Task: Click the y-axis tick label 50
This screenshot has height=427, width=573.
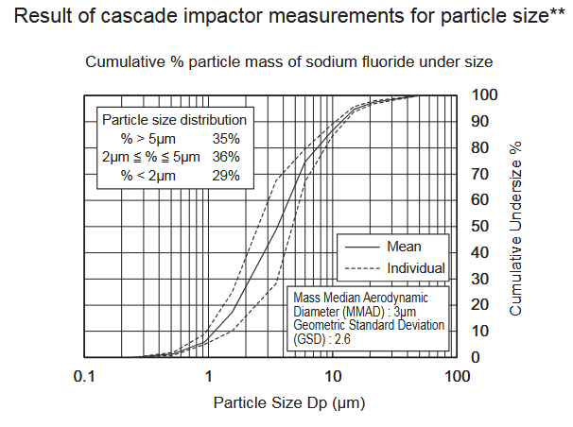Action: tap(480, 226)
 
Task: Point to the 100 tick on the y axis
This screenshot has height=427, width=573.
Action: tap(484, 94)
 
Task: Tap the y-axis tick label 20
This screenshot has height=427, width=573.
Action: tap(480, 304)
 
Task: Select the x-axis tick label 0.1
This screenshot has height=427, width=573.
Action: tap(85, 376)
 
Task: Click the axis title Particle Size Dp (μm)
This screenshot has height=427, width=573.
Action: tap(289, 401)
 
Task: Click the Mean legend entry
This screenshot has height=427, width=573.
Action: tap(404, 247)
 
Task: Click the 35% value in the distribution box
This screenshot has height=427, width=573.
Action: tap(225, 138)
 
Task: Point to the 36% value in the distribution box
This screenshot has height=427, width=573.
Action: tap(225, 156)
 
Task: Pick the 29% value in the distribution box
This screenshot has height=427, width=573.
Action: tap(225, 175)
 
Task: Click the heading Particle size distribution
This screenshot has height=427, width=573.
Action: tap(174, 120)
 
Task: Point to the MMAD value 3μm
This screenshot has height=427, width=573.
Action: tap(404, 311)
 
